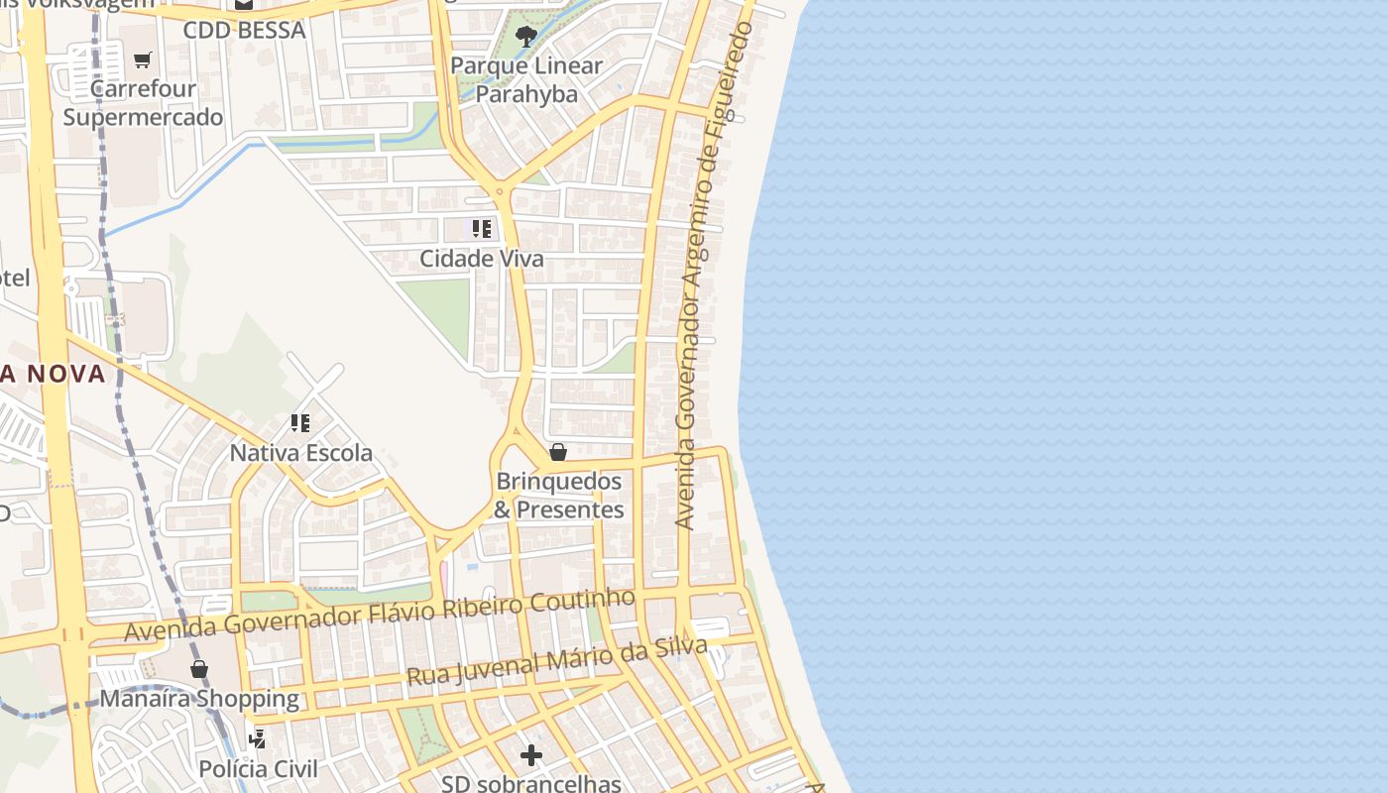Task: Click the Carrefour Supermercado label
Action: tap(144, 103)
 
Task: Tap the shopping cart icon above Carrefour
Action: tap(143, 59)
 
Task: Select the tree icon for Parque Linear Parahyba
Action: tap(526, 37)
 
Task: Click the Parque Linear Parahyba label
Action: tap(526, 79)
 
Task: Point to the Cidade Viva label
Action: tap(482, 259)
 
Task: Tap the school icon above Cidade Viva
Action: tap(482, 229)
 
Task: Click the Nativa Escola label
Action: tap(301, 453)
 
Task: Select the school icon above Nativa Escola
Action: tap(300, 423)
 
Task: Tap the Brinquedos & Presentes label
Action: tap(559, 496)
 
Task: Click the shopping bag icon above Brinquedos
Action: tap(558, 452)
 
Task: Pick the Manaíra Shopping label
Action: tap(199, 698)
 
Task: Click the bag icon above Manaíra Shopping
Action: tap(199, 668)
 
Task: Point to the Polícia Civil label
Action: tap(259, 769)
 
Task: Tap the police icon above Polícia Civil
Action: tap(258, 738)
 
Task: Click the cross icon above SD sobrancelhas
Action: tap(531, 755)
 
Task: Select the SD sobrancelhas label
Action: tap(531, 783)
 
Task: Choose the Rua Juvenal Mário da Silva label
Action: tap(557, 662)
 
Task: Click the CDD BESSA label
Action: tap(244, 30)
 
